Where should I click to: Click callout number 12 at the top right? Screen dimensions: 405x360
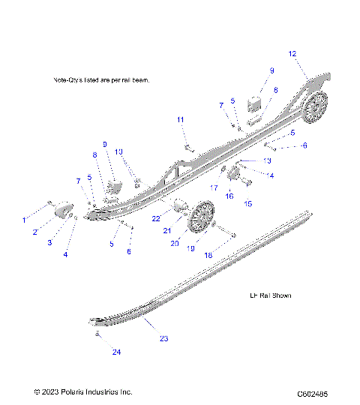click(x=292, y=53)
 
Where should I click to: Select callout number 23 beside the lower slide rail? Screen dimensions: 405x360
click(x=164, y=339)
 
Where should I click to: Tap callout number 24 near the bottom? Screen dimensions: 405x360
click(x=116, y=352)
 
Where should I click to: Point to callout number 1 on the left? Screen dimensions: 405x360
click(x=23, y=220)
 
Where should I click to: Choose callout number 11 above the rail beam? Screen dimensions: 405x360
click(x=180, y=120)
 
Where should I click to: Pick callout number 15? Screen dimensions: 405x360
click(x=248, y=203)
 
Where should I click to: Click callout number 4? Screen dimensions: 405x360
click(x=65, y=255)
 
